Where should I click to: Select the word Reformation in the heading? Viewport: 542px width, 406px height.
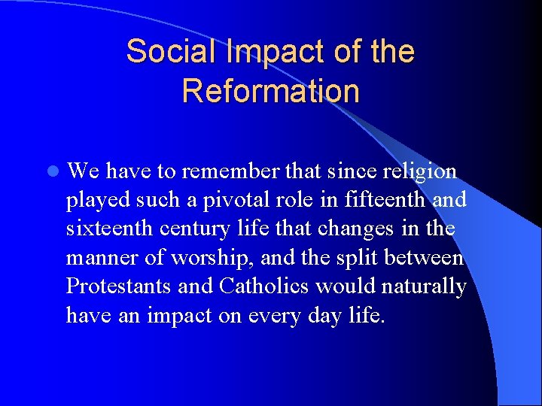pos(270,91)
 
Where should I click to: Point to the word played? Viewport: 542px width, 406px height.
pos(94,201)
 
